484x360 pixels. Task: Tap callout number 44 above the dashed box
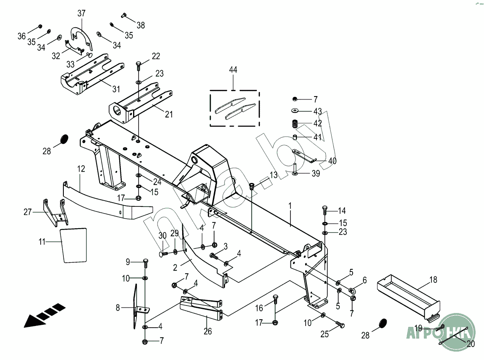coord(233,70)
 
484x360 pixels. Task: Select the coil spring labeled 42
coord(296,124)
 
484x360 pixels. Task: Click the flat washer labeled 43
coord(296,111)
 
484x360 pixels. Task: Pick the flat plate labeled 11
coord(74,245)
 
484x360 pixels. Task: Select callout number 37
coord(81,14)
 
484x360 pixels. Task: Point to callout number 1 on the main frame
coord(290,206)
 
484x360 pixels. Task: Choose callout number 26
coord(207,331)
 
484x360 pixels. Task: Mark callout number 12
coord(81,169)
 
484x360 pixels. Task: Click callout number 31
coord(116,89)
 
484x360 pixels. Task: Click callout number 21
coord(168,114)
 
